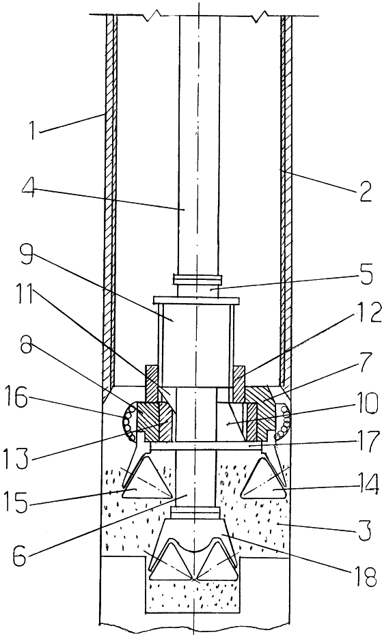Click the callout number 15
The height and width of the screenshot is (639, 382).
(x=16, y=502)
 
